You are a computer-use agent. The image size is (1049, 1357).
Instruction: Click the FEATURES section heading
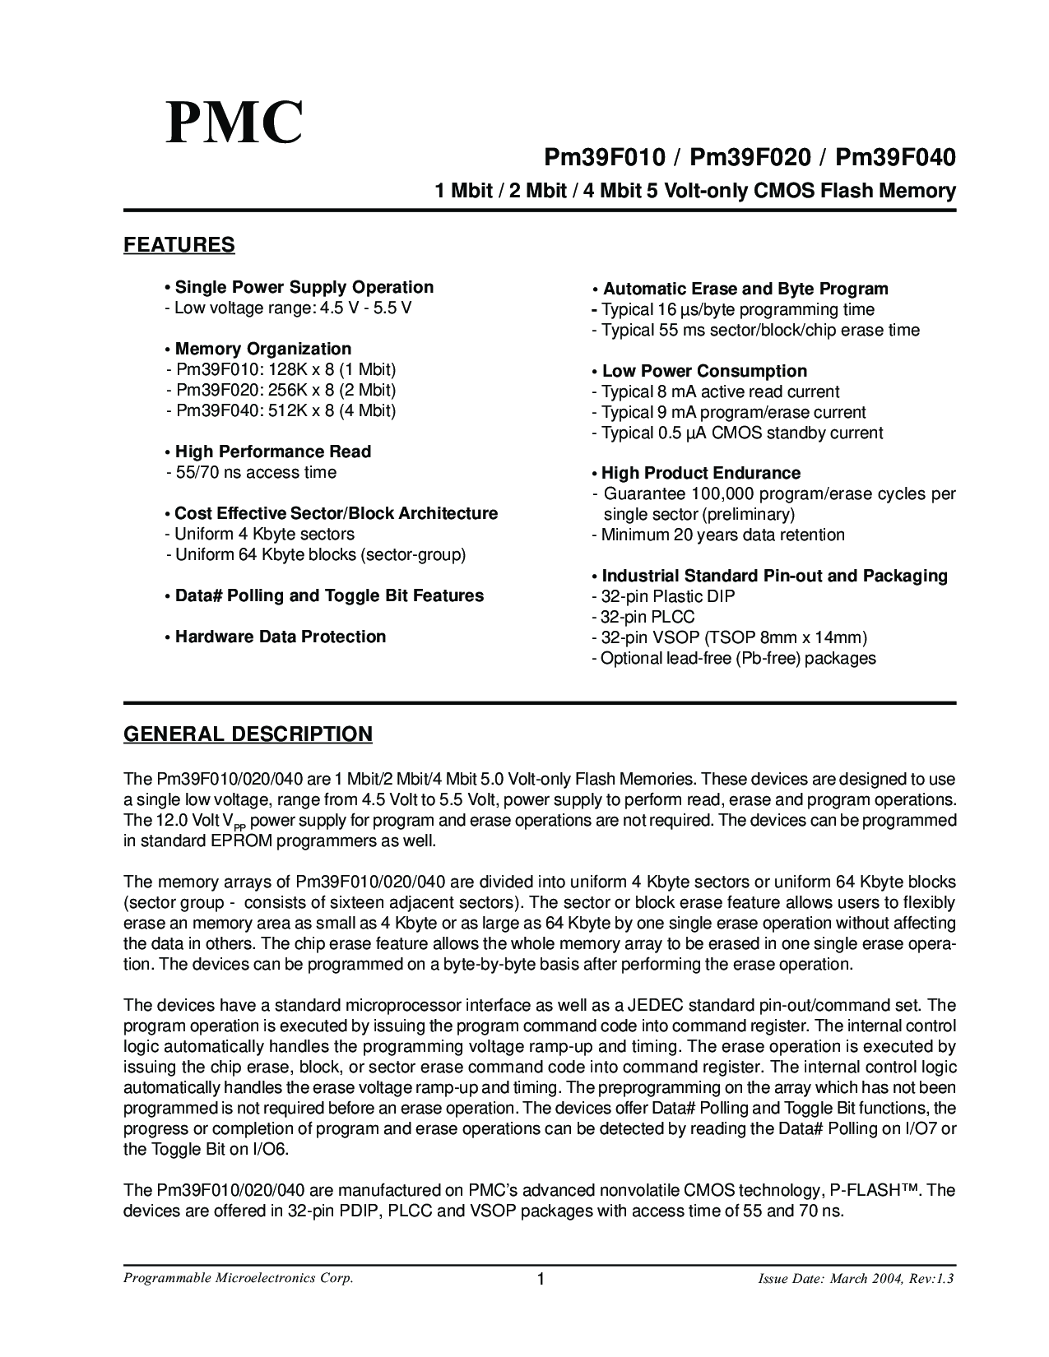[179, 245]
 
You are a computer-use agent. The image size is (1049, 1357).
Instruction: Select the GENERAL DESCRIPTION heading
[248, 734]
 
